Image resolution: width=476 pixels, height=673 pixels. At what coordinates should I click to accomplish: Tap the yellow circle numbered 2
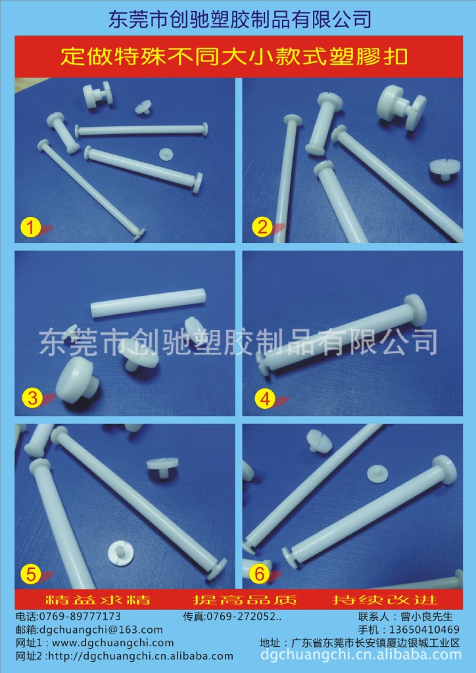262,227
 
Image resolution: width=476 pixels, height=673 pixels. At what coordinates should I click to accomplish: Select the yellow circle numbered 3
32,398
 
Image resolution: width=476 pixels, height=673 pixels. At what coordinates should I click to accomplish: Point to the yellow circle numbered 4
265,399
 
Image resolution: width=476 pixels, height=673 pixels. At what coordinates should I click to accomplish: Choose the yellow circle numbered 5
30,574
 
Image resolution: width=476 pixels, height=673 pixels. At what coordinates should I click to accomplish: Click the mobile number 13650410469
424,630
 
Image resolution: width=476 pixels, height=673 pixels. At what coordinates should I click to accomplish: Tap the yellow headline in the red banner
234,57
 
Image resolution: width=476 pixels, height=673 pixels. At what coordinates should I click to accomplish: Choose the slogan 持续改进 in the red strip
385,599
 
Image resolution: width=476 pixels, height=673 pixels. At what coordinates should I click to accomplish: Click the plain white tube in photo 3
148,303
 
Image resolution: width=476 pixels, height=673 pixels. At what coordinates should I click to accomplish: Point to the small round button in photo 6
377,473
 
